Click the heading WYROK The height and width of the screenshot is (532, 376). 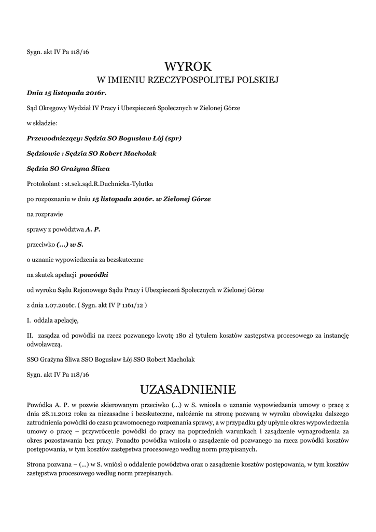188,66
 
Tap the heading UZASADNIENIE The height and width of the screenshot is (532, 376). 188,389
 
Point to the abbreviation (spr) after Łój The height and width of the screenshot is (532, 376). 171,139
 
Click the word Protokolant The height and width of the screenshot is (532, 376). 43,184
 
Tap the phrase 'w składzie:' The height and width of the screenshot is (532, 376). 42,124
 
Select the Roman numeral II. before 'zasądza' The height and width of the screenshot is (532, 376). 30,335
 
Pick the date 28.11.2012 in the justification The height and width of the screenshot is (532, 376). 55,413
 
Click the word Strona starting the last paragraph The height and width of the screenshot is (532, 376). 37,465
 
